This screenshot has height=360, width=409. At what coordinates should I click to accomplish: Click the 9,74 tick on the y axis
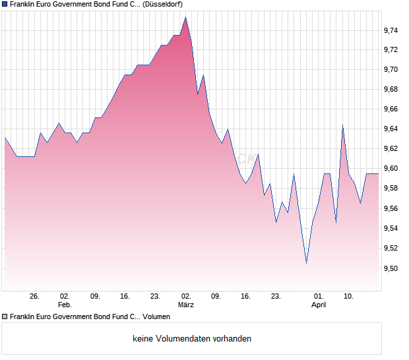click(x=391, y=30)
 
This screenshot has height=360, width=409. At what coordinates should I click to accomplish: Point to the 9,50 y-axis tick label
click(x=391, y=268)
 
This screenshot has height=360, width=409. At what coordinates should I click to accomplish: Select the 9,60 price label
click(x=391, y=169)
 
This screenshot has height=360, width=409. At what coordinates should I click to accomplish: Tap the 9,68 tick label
click(x=391, y=90)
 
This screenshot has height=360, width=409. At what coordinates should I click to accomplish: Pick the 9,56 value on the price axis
click(x=391, y=209)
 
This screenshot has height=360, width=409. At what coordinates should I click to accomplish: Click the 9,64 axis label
click(x=391, y=129)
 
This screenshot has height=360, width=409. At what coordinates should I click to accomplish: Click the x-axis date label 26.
click(x=35, y=296)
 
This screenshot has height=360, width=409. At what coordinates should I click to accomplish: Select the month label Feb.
click(x=65, y=305)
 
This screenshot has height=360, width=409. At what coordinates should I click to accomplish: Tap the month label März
click(x=186, y=305)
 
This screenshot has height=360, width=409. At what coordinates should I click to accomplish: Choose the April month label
click(x=319, y=305)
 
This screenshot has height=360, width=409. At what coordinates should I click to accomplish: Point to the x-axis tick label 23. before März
click(x=155, y=296)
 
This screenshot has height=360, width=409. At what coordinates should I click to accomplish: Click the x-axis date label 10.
click(x=349, y=296)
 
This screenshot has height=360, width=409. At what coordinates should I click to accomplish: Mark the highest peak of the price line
click(x=185, y=18)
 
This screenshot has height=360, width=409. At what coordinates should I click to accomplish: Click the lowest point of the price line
click(x=306, y=263)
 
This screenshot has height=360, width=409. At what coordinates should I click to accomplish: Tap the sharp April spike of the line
click(x=342, y=125)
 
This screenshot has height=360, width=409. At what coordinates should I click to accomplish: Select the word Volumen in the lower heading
click(x=156, y=316)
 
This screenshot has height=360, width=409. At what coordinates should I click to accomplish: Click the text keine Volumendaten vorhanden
click(x=192, y=339)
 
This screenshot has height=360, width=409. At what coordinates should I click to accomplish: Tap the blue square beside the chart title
click(x=5, y=4)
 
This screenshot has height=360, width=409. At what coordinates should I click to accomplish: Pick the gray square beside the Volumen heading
click(x=5, y=316)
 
